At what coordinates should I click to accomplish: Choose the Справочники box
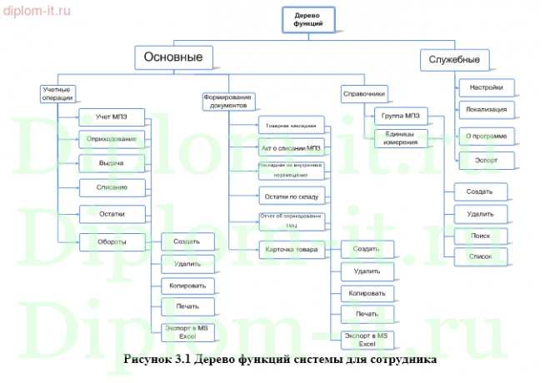[x=363, y=94]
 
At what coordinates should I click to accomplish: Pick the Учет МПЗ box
[x=112, y=116]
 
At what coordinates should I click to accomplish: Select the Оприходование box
[x=112, y=138]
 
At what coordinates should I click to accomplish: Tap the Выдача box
[x=112, y=162]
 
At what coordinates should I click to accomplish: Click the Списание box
[x=112, y=187]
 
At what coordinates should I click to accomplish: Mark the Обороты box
[x=112, y=242]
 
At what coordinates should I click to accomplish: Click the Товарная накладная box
[x=290, y=126]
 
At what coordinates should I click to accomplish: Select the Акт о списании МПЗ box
[x=290, y=148]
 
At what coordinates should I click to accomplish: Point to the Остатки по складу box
[x=290, y=196]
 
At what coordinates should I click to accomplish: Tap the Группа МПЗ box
[x=401, y=115]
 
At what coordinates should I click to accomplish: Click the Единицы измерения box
[x=401, y=137]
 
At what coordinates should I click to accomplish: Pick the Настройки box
[x=486, y=87]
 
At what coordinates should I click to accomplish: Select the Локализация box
[x=486, y=109]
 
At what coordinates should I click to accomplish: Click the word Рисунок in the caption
[x=147, y=361]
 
